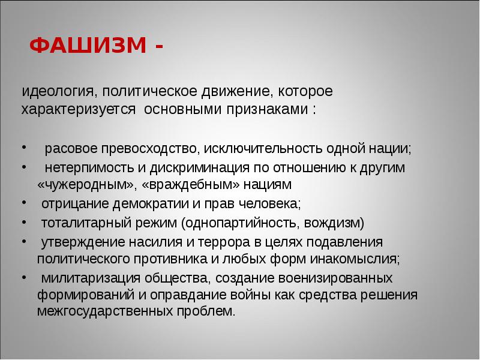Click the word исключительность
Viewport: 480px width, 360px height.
click(263, 149)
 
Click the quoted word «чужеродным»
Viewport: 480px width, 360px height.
click(73, 184)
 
